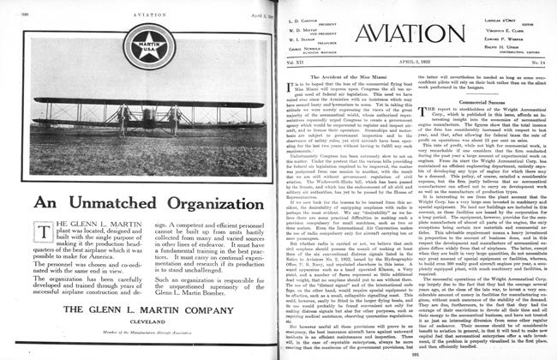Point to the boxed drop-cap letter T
coord(32,231)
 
